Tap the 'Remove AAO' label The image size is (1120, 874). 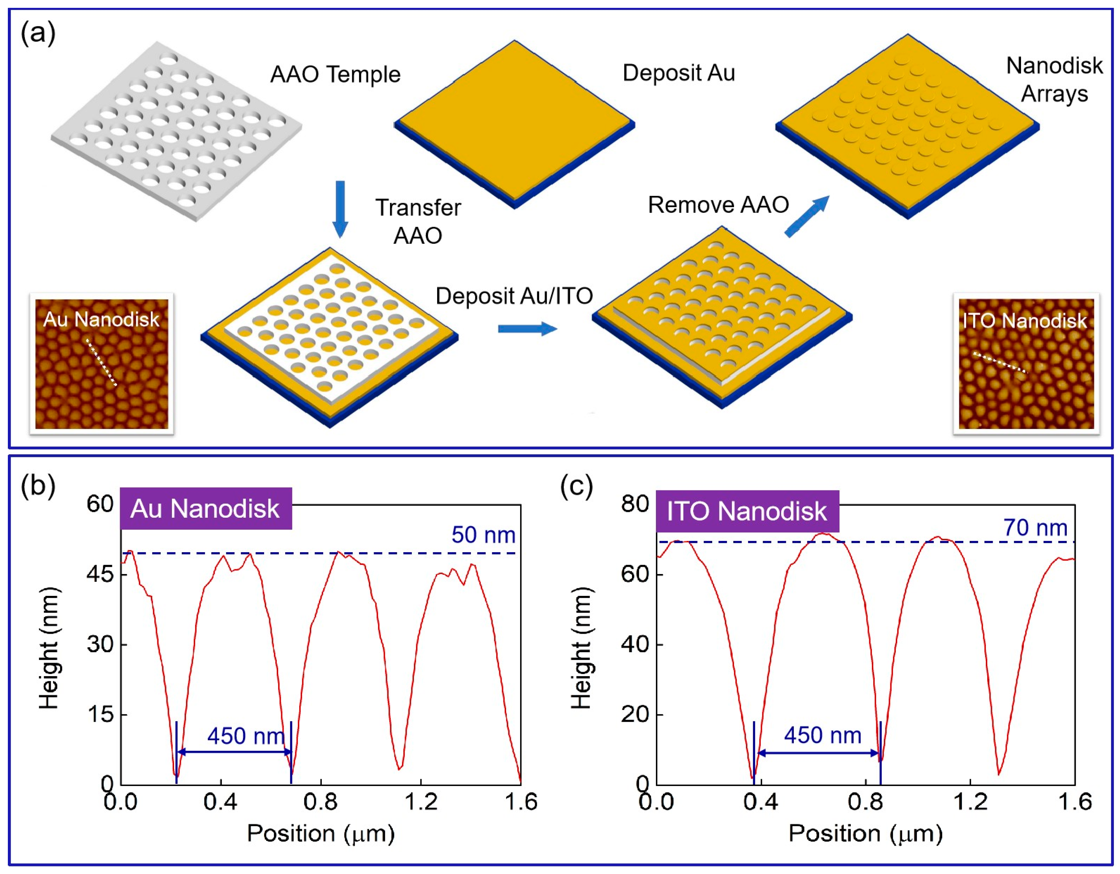(718, 205)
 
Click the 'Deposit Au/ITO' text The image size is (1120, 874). (514, 296)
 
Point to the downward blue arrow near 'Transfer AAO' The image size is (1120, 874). (340, 209)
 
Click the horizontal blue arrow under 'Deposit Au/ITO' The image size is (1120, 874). (527, 328)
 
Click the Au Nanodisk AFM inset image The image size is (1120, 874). (102, 364)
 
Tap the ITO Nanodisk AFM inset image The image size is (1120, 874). (1026, 364)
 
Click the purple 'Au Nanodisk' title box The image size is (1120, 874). (206, 508)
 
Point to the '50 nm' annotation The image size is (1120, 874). (483, 535)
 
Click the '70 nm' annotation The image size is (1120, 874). (1035, 528)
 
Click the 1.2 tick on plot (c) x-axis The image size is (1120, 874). (970, 802)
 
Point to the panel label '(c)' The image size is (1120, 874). (576, 486)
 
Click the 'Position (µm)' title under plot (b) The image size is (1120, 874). (320, 833)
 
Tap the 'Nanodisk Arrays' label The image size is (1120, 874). (1054, 80)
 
